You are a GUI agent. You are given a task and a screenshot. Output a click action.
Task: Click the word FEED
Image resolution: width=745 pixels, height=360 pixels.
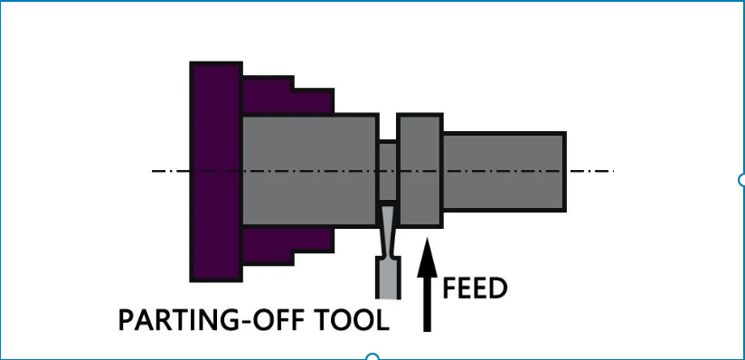point(476,288)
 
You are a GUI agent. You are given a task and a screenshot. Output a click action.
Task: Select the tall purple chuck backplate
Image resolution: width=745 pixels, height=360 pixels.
point(215,172)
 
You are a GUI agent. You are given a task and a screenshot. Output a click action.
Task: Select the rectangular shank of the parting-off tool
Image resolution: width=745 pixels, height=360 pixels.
point(388,278)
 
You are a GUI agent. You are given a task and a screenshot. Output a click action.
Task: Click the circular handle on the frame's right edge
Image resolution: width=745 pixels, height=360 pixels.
point(742,179)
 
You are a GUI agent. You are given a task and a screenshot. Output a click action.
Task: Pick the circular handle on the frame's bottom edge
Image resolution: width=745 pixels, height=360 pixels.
point(372,357)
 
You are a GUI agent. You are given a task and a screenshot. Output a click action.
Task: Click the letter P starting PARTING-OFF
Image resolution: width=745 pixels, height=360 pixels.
point(127,320)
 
